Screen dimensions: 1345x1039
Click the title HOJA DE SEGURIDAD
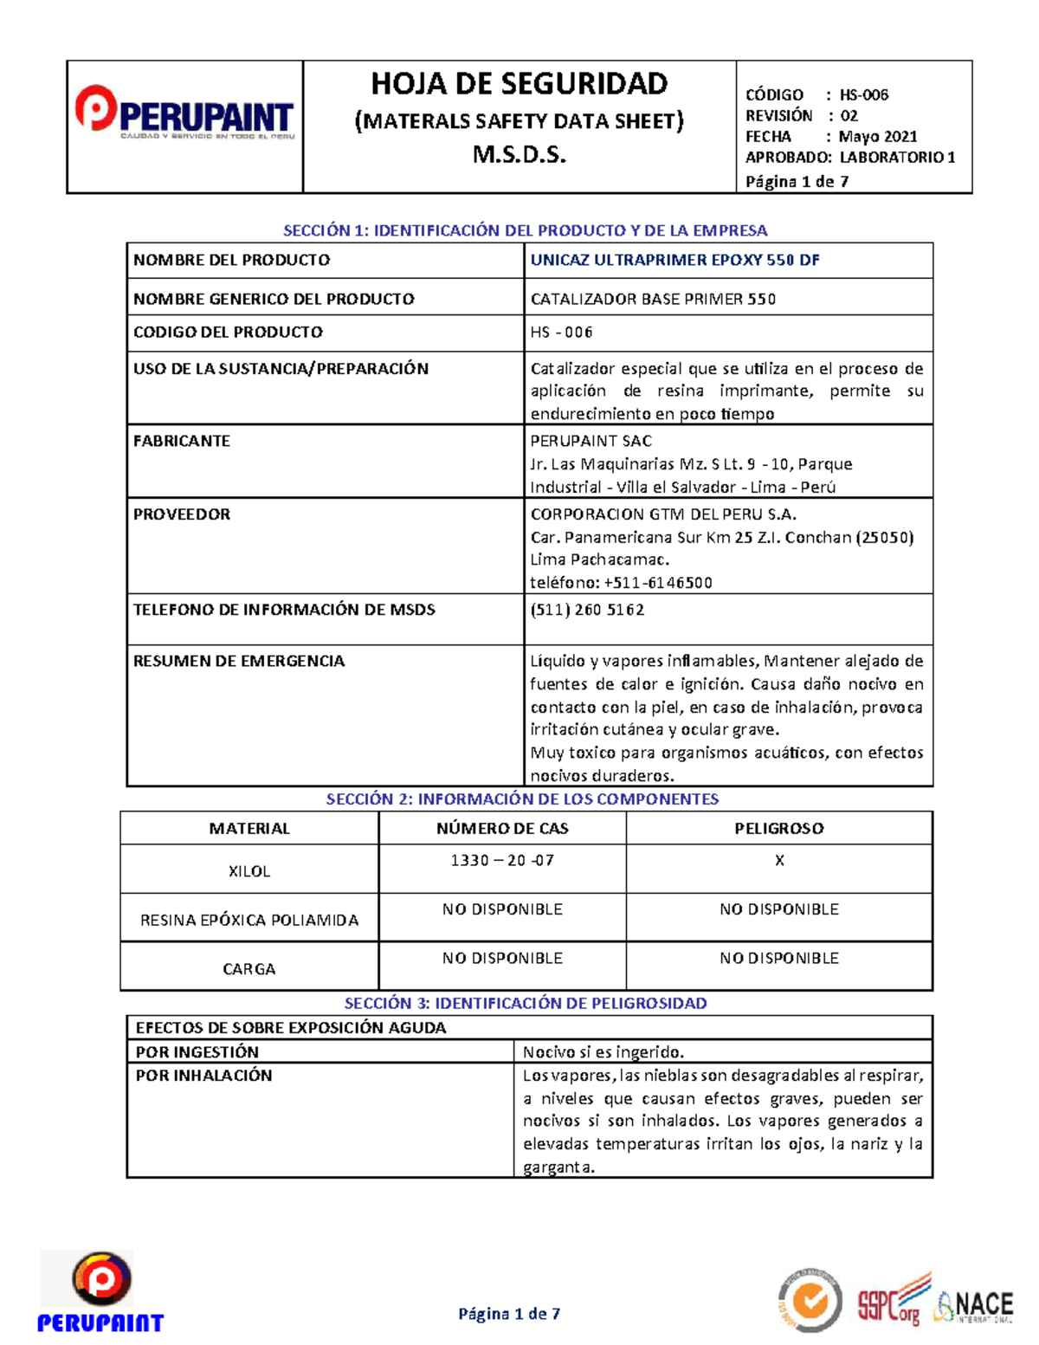point(519,84)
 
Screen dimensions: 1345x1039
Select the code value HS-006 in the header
point(863,94)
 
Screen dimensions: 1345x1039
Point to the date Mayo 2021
point(877,136)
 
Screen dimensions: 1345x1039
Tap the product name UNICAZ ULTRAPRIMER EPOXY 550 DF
point(674,260)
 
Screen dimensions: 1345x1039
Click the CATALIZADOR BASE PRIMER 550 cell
point(653,299)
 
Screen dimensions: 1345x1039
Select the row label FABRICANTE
point(182,441)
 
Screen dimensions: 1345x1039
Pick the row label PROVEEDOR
point(182,514)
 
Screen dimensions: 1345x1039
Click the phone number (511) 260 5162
point(587,610)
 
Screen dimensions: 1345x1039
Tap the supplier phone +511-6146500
point(657,583)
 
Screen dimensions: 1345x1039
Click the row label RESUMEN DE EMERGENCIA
point(239,661)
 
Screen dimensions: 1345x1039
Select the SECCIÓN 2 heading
point(522,799)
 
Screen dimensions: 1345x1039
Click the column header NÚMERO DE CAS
point(502,828)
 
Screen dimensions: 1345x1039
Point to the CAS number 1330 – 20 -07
point(502,860)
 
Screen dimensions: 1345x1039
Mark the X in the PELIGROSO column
point(779,860)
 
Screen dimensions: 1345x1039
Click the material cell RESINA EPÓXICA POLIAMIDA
point(249,920)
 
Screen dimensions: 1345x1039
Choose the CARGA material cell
point(249,968)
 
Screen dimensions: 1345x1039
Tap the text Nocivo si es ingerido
point(603,1052)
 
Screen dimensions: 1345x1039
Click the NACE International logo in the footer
point(974,1306)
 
